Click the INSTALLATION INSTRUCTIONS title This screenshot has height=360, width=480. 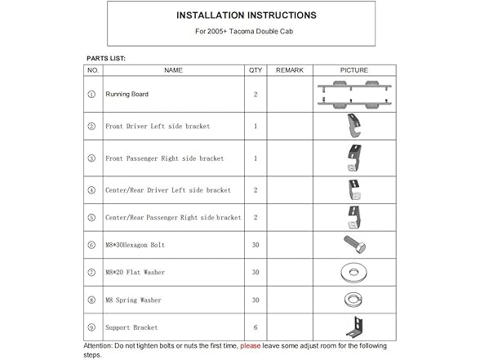tap(241, 16)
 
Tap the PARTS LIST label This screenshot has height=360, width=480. tap(106, 59)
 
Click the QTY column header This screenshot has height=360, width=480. tap(256, 71)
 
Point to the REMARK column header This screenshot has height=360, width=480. tap(290, 71)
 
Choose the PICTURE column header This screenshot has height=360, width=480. tap(353, 71)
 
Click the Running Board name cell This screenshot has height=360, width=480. tap(127, 95)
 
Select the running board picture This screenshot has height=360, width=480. tap(353, 93)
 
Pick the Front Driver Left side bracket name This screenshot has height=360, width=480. tap(158, 127)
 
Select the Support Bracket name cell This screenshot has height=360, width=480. tap(132, 327)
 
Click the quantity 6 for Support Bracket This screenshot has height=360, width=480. tap(256, 327)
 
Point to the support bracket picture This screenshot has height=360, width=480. tap(353, 327)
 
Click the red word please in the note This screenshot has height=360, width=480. tap(252, 345)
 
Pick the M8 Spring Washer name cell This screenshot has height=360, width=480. tap(134, 300)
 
